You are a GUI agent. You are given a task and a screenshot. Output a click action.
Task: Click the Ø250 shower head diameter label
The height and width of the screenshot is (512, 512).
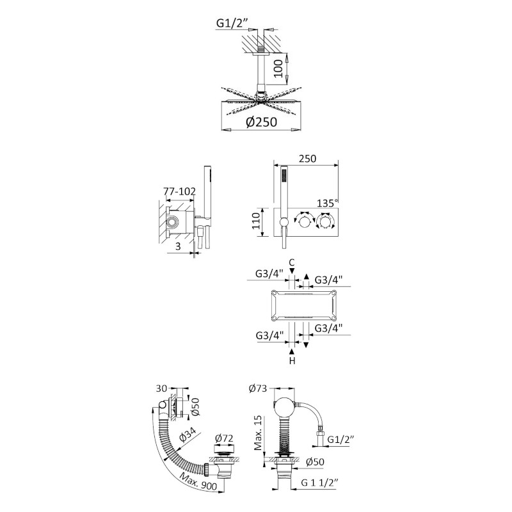pyautogui.click(x=261, y=122)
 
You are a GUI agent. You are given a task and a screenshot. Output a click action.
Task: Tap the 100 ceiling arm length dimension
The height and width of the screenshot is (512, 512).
pyautogui.click(x=278, y=68)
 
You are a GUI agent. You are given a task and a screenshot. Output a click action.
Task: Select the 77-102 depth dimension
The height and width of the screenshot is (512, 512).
pyautogui.click(x=180, y=191)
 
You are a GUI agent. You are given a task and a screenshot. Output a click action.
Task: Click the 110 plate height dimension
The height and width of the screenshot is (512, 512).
pyautogui.click(x=256, y=220)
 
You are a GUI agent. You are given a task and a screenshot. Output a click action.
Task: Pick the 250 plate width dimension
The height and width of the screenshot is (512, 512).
pyautogui.click(x=308, y=158)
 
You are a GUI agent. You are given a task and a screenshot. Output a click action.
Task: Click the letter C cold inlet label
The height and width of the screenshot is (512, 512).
pyautogui.click(x=292, y=262)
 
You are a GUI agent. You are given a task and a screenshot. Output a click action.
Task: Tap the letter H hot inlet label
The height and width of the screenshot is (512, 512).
pyautogui.click(x=292, y=360)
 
